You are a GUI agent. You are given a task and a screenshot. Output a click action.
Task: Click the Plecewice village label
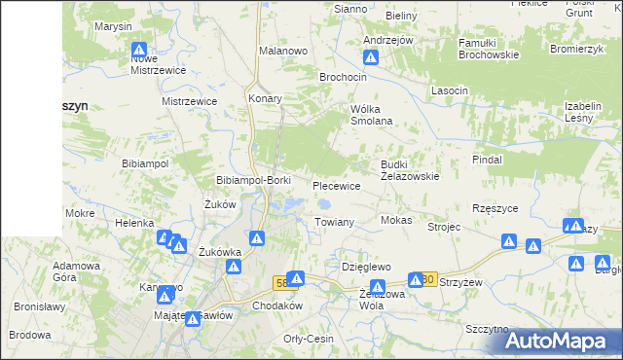(x=337, y=185)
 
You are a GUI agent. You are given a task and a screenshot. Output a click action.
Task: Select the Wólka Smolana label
(x=371, y=115)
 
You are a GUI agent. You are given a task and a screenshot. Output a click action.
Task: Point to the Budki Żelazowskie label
(x=410, y=170)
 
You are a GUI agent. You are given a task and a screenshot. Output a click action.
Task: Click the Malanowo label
(x=283, y=50)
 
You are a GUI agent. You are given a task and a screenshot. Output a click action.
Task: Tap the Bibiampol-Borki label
(x=253, y=181)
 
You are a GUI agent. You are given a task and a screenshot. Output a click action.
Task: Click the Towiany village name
(x=334, y=222)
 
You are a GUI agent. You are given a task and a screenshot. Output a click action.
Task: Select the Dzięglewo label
(x=366, y=266)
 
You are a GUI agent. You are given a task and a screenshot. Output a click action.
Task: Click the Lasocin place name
(x=450, y=90)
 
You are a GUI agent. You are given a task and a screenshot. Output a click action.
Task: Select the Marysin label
(x=113, y=26)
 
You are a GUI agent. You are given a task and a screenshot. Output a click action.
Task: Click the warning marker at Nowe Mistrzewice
(x=140, y=49)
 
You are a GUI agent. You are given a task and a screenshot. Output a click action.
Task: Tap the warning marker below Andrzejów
(x=370, y=56)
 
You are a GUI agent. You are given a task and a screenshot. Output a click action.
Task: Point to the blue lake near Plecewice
(x=324, y=204)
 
